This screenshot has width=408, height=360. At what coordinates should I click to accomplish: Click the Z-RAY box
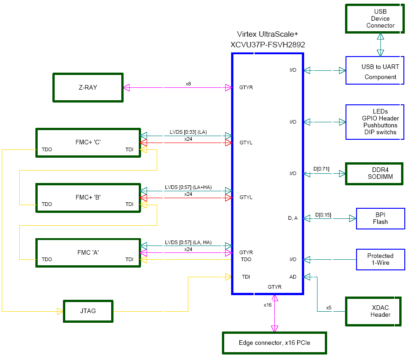coord(88,87)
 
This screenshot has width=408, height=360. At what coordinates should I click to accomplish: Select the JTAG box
coord(88,311)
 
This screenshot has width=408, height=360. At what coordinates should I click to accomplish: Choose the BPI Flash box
coord(380,218)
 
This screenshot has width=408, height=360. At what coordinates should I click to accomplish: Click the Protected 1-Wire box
coord(380,259)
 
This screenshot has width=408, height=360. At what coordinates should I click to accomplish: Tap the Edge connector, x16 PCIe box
coord(275,343)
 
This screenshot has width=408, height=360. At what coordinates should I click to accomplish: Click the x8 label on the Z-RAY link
coord(188,84)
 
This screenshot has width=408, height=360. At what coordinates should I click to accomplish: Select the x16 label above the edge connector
coord(267,305)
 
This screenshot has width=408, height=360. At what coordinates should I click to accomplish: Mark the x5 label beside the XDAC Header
coord(329,308)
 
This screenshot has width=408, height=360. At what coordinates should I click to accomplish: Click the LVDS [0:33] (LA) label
coord(188,132)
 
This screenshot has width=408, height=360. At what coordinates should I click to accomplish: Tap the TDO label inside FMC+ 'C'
coord(46,149)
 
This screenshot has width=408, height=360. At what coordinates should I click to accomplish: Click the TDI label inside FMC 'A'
coord(130,259)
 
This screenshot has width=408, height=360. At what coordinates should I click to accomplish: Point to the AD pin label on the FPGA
coord(293,277)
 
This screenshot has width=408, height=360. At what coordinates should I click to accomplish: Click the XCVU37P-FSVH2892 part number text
coord(267,45)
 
